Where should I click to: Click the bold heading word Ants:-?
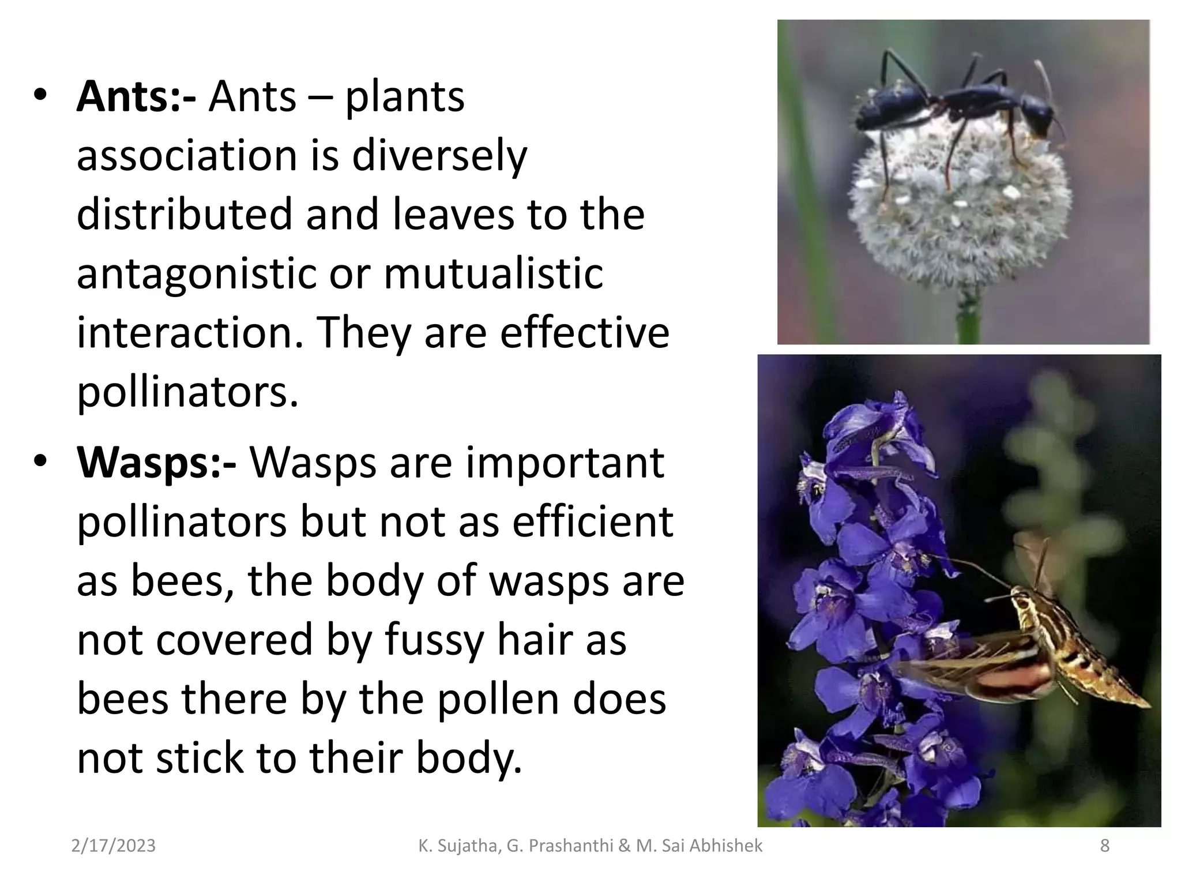click(x=136, y=97)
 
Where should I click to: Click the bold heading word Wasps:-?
click(x=156, y=463)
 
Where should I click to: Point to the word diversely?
click(x=439, y=156)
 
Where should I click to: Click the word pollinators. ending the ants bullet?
click(x=188, y=392)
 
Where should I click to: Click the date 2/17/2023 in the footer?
click(x=114, y=846)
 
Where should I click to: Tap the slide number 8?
click(x=1104, y=846)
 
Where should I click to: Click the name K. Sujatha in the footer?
click(x=459, y=846)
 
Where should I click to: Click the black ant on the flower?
click(x=957, y=104)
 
